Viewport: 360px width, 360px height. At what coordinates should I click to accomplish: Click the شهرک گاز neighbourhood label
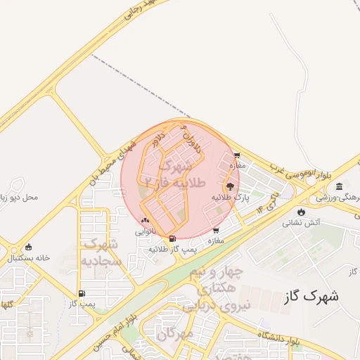coord(311,296)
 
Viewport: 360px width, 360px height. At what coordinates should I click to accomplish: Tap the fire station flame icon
coord(302,212)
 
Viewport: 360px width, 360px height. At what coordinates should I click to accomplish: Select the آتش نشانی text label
coord(301,223)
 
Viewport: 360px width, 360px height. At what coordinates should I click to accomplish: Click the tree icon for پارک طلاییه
coord(230,186)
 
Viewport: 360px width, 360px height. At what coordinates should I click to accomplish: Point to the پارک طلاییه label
coord(232,199)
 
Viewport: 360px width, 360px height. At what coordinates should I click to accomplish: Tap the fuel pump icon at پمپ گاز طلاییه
coord(173,239)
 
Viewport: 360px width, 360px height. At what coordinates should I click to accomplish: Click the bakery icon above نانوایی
coord(145,221)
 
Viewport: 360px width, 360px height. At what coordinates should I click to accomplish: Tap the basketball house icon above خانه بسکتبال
coord(28,247)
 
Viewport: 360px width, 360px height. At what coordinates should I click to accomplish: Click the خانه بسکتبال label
coord(28,258)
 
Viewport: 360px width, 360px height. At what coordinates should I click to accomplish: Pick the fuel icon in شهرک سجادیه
coord(82,294)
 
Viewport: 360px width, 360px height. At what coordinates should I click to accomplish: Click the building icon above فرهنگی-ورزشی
coord(340,187)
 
